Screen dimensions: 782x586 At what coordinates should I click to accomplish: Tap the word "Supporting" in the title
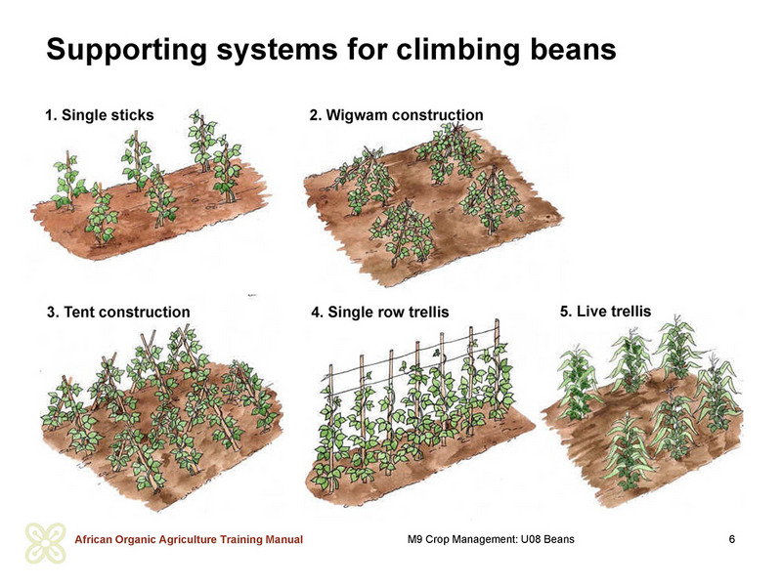coord(127,51)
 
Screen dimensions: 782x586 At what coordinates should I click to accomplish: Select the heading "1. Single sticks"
coord(100,115)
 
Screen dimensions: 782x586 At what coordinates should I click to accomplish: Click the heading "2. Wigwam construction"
coord(397,115)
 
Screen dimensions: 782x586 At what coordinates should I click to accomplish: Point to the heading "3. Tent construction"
coord(118,312)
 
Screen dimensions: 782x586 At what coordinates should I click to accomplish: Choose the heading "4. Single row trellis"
coord(380,312)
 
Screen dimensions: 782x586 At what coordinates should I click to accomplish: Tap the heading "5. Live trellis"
coord(605,312)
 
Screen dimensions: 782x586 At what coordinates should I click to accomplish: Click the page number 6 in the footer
coord(731,539)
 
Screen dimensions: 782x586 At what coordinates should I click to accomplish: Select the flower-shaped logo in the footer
coord(45,543)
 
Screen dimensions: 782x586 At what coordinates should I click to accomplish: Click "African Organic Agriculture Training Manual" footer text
coord(189,540)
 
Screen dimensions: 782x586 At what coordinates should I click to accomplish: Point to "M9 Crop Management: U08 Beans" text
coord(491,539)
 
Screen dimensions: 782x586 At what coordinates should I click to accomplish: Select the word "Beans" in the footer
coord(558,539)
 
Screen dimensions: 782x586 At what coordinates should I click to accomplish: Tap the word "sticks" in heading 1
coord(132,115)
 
